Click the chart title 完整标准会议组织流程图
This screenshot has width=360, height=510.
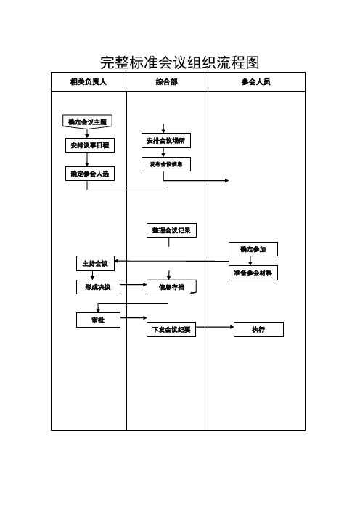point(179,62)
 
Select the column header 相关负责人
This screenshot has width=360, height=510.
point(89,81)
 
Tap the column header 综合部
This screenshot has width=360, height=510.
point(167,81)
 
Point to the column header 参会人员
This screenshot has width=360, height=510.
point(256,81)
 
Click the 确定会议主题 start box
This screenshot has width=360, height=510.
point(87,121)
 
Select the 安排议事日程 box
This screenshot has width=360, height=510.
point(90,145)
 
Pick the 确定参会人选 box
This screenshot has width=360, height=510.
point(90,174)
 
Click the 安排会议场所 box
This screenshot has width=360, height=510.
point(166,140)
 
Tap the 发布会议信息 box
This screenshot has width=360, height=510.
point(166,164)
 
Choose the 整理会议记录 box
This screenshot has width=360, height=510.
point(171,230)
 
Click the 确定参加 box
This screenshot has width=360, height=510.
point(253,249)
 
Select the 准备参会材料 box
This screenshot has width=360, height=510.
point(253,273)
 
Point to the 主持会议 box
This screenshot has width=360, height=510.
point(96,263)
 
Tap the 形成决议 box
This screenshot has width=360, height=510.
point(98,287)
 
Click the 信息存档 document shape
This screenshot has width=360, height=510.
point(171,287)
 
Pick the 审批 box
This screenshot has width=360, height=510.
point(98,320)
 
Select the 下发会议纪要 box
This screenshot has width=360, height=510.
point(171,330)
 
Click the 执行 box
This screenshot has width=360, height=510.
point(258,330)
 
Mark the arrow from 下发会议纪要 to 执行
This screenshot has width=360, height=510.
point(215,327)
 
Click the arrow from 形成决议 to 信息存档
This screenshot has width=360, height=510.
point(134,285)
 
